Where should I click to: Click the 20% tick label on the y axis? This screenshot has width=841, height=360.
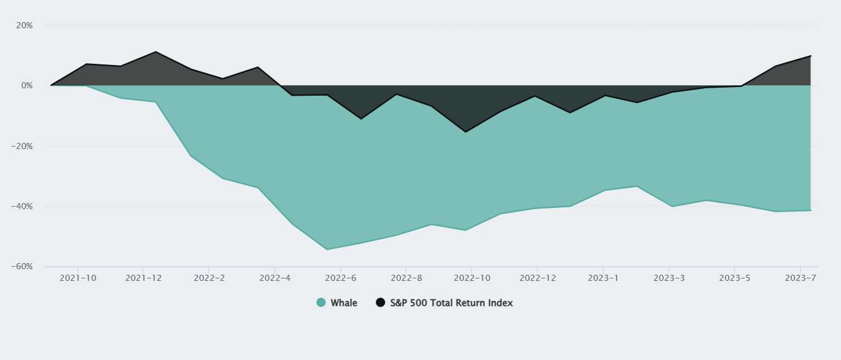pyautogui.click(x=25, y=25)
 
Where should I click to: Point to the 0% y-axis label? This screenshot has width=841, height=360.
pyautogui.click(x=26, y=85)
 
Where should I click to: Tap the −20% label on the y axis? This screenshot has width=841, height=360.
pyautogui.click(x=22, y=146)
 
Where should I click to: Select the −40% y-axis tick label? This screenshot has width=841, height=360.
pyautogui.click(x=22, y=206)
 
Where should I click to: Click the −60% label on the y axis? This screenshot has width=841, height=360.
pyautogui.click(x=22, y=267)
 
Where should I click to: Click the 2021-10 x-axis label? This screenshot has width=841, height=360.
pyautogui.click(x=77, y=278)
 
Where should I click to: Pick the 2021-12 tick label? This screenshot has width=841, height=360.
pyautogui.click(x=143, y=278)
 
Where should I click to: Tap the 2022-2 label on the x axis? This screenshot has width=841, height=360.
pyautogui.click(x=209, y=278)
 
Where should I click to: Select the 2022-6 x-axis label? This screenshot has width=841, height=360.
pyautogui.click(x=340, y=278)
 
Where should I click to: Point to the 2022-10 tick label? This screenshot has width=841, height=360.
pyautogui.click(x=472, y=278)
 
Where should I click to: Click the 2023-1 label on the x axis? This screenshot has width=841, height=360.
pyautogui.click(x=604, y=278)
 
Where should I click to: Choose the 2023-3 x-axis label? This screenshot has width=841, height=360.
pyautogui.click(x=669, y=278)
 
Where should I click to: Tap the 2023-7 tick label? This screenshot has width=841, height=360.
pyautogui.click(x=801, y=278)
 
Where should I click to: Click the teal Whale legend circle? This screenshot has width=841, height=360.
pyautogui.click(x=321, y=302)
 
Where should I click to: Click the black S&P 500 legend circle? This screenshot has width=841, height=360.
pyautogui.click(x=381, y=302)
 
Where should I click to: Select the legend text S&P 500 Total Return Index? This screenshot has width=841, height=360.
pyautogui.click(x=451, y=303)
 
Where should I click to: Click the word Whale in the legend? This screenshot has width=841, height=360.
pyautogui.click(x=344, y=303)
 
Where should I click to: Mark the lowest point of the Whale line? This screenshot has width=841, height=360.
pyautogui.click(x=327, y=250)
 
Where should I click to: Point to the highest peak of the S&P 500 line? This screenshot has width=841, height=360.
pyautogui.click(x=156, y=52)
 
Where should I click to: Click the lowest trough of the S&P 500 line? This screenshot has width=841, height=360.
pyautogui.click(x=466, y=132)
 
